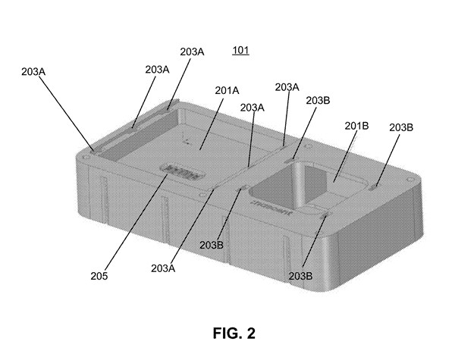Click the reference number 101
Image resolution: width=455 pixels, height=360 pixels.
(240, 52)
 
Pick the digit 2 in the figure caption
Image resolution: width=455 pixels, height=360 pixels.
(241, 332)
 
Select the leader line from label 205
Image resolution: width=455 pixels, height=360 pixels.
(136, 224)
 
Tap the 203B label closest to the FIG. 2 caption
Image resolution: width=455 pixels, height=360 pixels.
(300, 275)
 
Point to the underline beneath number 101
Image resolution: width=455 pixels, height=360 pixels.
(240, 57)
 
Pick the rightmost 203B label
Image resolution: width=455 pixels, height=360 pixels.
(401, 127)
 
